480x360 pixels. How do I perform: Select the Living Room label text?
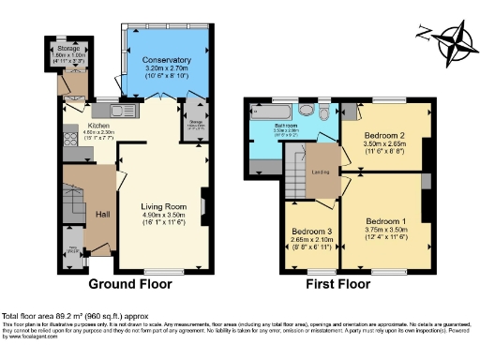pyautogui.click(x=164, y=206)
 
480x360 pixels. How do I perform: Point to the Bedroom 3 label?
pyautogui.click(x=310, y=231)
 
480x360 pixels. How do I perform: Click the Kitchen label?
pyautogui.click(x=100, y=126)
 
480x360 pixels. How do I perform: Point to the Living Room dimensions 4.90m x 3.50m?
pyautogui.click(x=164, y=216)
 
